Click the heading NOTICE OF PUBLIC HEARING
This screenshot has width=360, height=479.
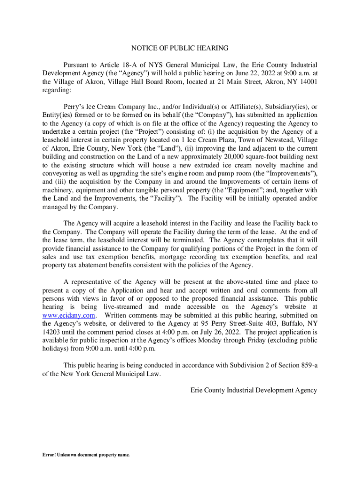point(180,48)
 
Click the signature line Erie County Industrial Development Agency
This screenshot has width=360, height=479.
point(254,390)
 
